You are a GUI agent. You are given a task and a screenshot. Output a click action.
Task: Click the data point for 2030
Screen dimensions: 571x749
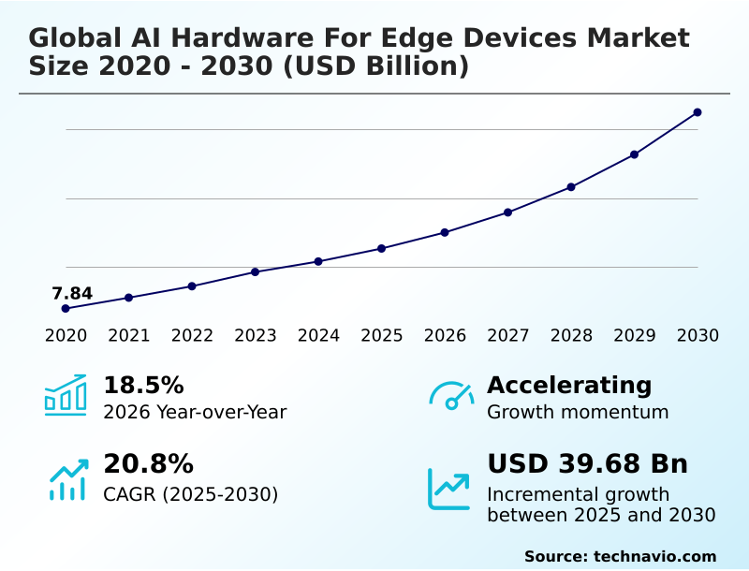698,112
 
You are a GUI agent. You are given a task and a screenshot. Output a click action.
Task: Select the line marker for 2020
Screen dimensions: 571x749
66,308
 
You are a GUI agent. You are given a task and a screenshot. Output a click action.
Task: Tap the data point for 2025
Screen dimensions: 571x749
381,248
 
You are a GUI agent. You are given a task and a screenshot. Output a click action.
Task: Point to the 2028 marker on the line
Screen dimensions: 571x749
571,187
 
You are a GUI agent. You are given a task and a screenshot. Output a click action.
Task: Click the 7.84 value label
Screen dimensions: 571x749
72,294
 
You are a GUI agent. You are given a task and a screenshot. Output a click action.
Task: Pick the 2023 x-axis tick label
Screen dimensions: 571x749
255,336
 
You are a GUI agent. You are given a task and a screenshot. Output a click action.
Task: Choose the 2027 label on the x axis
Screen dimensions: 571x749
507,336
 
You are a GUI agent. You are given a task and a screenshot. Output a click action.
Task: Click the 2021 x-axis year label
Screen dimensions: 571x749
128,336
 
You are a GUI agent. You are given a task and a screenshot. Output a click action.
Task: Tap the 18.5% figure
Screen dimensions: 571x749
143,386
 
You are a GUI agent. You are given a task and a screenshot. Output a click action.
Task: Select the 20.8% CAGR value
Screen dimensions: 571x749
148,464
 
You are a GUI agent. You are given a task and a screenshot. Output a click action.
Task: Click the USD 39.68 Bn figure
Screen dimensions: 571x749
587,464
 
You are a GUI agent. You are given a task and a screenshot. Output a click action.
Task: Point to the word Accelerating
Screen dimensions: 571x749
569,386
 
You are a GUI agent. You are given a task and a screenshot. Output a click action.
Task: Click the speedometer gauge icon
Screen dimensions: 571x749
451,396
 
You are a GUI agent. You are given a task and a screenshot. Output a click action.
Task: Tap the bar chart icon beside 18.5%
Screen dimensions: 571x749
66,396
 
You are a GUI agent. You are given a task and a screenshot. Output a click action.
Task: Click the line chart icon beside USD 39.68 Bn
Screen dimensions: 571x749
449,489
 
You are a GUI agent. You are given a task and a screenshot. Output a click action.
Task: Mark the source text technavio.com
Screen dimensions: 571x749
654,556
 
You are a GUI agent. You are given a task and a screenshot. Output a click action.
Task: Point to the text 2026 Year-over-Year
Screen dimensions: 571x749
195,412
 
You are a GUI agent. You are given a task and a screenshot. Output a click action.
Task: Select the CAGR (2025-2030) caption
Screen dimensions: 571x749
190,494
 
